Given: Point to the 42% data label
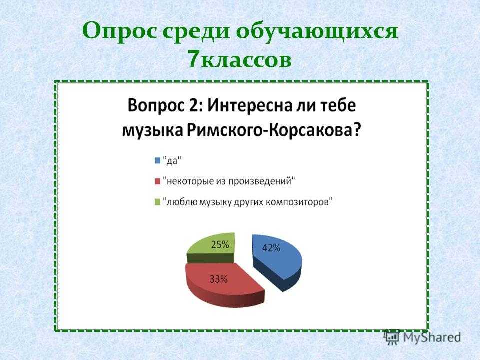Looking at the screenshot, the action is (x=271, y=247).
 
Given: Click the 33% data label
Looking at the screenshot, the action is (x=218, y=279).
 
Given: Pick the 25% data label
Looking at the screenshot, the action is (x=220, y=244).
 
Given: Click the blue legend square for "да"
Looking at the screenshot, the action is (x=158, y=160).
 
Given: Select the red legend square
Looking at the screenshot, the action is (x=158, y=181).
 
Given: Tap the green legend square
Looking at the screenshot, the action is (x=158, y=202).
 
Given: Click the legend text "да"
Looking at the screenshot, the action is (x=172, y=160).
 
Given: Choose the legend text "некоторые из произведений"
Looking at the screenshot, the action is (x=229, y=181).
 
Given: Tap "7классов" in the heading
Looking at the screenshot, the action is (x=239, y=59).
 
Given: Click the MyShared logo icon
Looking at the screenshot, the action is (x=392, y=337).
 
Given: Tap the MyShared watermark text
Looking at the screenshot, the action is (x=432, y=337).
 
